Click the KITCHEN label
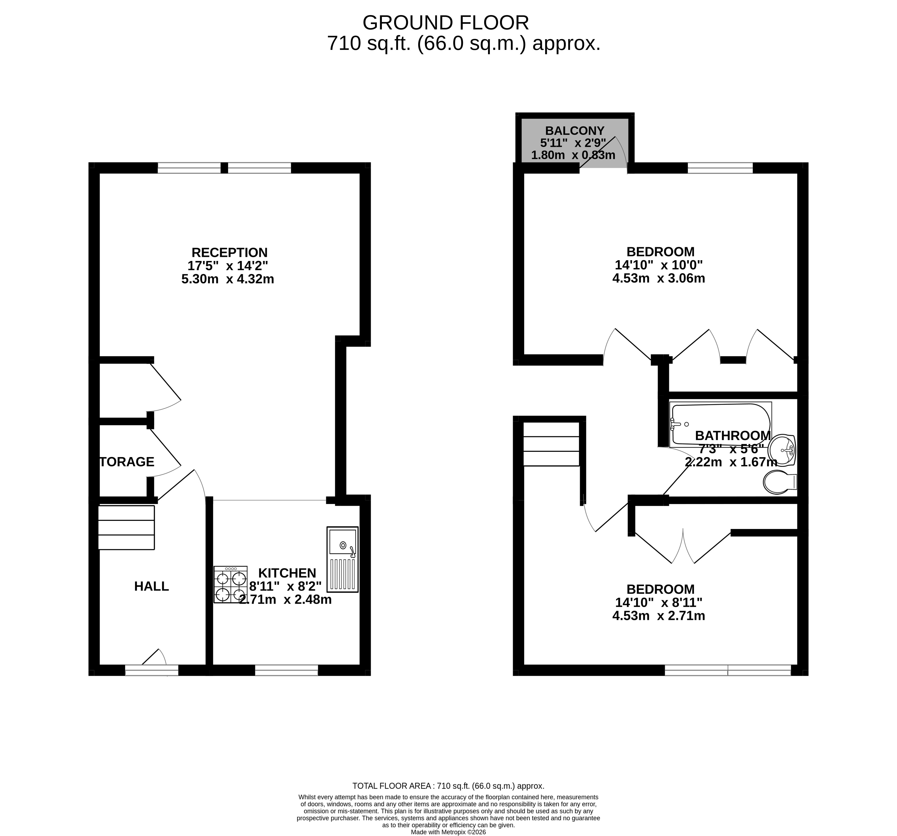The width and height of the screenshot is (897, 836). (287, 573)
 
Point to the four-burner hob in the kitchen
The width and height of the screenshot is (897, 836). (230, 585)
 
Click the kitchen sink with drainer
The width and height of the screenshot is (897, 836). (342, 560)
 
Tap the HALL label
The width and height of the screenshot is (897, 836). (152, 587)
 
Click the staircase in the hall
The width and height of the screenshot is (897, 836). (126, 527)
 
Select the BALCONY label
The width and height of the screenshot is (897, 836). (574, 131)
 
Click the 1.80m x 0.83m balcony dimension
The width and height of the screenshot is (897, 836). (573, 155)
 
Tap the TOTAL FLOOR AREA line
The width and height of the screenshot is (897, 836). (448, 786)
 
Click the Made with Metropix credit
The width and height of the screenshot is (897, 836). (448, 832)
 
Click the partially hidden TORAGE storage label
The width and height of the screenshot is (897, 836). (127, 462)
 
